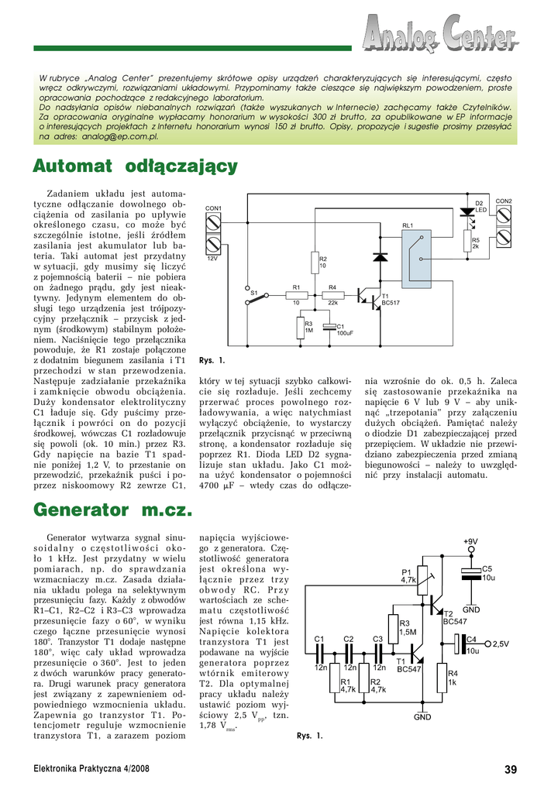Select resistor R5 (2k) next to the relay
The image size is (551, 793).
(x=467, y=243)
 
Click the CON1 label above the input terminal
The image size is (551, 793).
(x=213, y=209)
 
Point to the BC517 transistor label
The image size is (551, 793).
(x=391, y=303)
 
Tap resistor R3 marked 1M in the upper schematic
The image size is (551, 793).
(x=301, y=328)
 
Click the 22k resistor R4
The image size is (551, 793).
(x=332, y=295)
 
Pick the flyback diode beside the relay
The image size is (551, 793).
(x=381, y=255)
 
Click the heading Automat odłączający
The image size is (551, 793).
(x=136, y=166)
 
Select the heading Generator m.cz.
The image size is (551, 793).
(x=113, y=510)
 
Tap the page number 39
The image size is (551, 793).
(x=510, y=769)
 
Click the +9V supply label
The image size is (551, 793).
(x=470, y=542)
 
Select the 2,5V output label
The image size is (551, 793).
(x=500, y=644)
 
